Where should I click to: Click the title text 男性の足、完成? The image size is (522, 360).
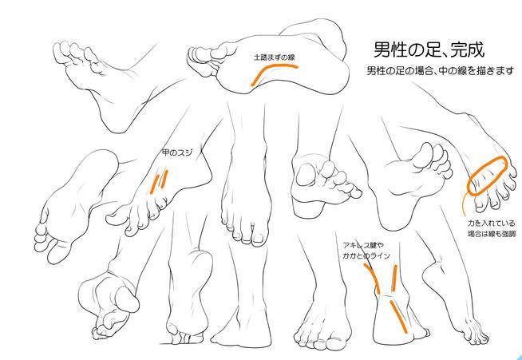(428, 50)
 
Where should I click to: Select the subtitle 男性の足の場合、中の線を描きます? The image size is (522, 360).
(440, 71)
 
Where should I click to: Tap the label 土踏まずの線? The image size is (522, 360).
(274, 57)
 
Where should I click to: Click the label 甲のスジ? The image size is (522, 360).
(177, 152)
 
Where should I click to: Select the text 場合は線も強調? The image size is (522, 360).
(492, 235)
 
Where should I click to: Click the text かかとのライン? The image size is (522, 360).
(366, 256)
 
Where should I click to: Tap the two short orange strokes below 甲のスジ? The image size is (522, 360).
(159, 181)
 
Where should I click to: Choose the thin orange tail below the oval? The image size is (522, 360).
(464, 204)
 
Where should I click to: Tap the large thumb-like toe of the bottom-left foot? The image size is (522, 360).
(127, 299)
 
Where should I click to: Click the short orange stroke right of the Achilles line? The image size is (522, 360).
(395, 278)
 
